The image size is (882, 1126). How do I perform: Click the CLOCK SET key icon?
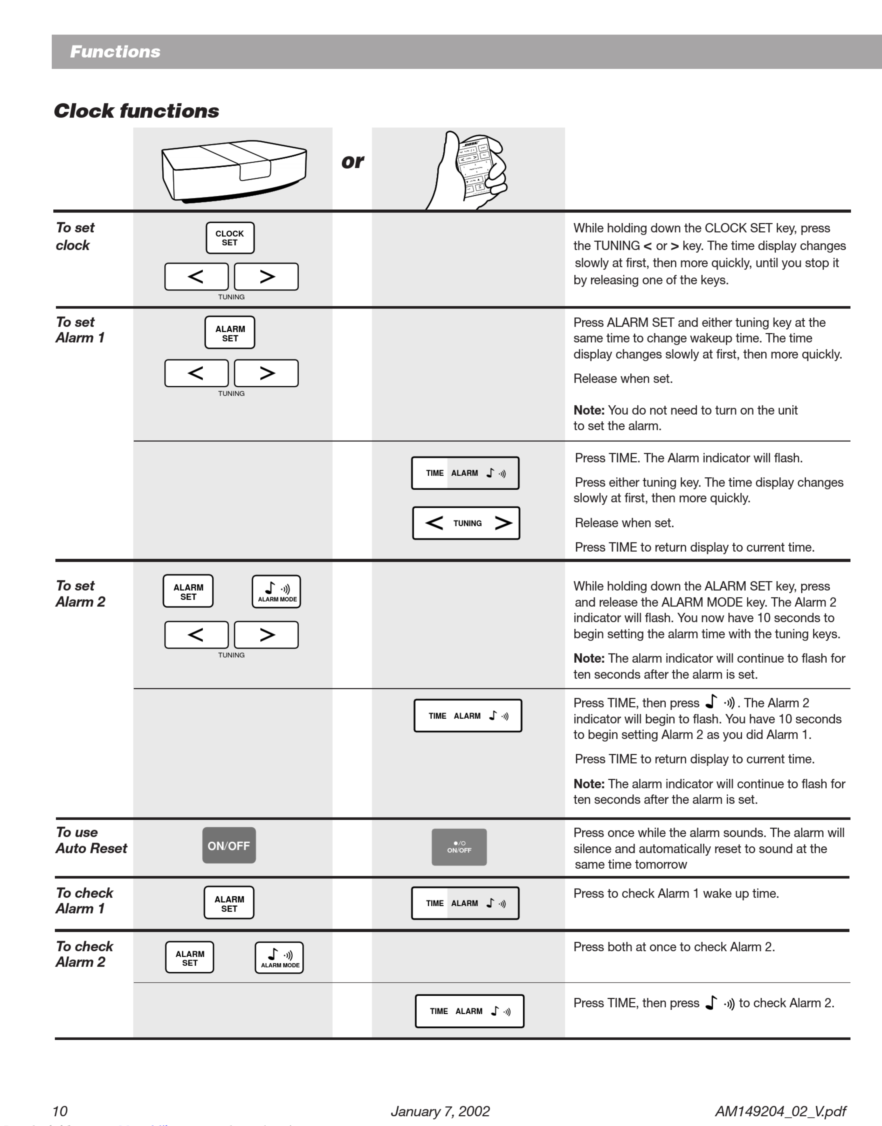230,238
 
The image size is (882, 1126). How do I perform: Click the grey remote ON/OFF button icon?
459,847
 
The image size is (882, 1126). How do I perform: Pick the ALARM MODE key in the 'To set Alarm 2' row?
276,591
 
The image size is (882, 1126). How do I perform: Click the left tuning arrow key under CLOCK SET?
196,276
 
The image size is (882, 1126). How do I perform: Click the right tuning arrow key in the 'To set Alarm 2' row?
266,635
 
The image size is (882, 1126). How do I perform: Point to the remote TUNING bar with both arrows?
466,523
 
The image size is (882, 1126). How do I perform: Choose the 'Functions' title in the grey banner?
115,52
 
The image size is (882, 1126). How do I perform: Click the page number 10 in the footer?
60,1111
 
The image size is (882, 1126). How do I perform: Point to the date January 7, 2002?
440,1111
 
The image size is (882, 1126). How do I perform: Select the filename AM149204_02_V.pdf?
780,1111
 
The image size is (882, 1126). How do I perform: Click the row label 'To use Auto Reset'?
91,840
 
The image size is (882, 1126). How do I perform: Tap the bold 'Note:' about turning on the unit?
589,410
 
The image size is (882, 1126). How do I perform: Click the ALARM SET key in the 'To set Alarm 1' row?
230,333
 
